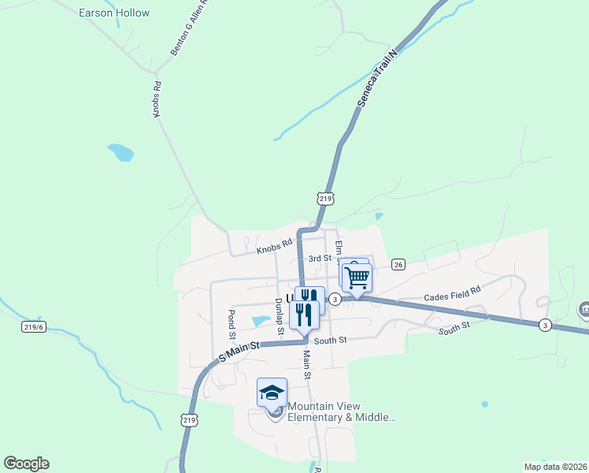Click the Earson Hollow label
pos(114,13)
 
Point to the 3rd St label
pos(319,258)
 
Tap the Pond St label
pos(232,324)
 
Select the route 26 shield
pos(398,265)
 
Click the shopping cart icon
pos(357,277)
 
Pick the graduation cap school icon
pos(272,392)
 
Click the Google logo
pos(26,464)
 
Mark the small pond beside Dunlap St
pos(261,321)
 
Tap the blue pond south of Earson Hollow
pos(120,151)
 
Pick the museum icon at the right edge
pos(584,309)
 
